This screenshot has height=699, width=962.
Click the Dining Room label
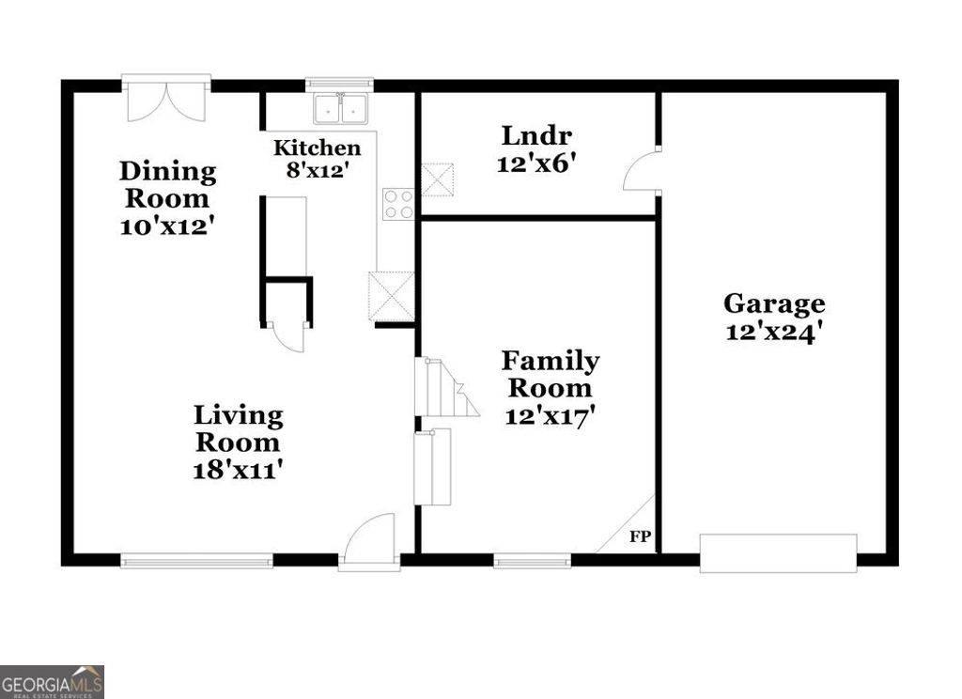tap(166, 185)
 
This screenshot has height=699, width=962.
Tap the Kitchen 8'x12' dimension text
tap(317, 171)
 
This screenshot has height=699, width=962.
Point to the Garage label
tap(774, 303)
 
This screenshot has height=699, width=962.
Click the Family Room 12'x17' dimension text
tap(551, 416)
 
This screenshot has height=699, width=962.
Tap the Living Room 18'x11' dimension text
tap(238, 470)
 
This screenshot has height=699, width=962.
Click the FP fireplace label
tap(641, 537)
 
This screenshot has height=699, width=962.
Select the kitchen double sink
tap(340, 108)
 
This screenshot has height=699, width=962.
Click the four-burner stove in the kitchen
tap(397, 204)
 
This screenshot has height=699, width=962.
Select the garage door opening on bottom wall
tap(778, 552)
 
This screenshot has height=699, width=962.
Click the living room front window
tap(196, 561)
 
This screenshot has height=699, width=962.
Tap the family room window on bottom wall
tap(533, 561)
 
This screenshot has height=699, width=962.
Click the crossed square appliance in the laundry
tap(437, 179)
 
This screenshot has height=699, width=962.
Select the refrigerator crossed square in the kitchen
tap(392, 296)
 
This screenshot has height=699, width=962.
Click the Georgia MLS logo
tap(52, 681)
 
